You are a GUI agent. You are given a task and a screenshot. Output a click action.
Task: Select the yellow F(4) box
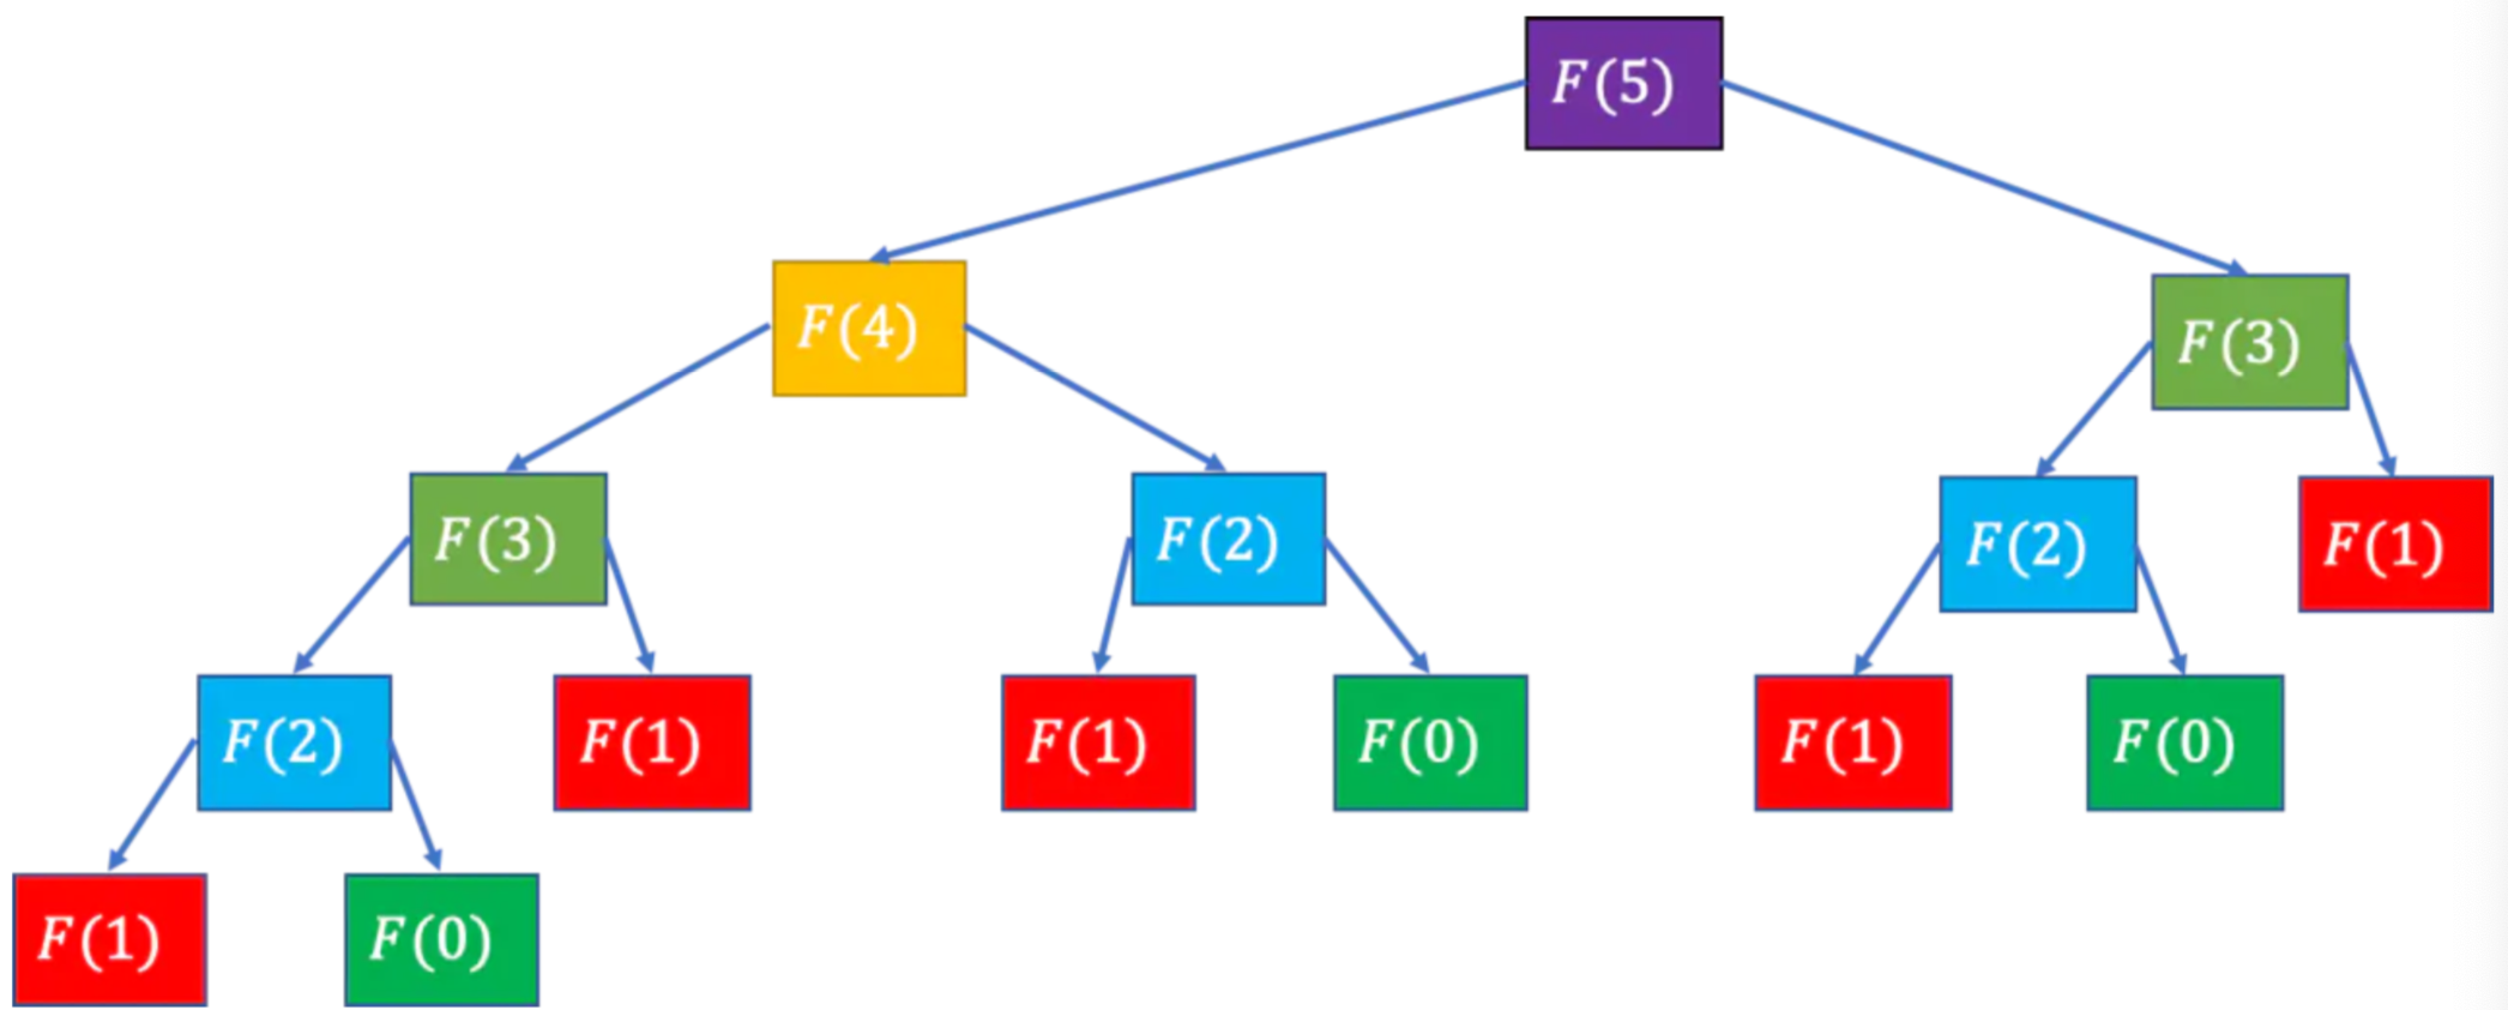(869, 327)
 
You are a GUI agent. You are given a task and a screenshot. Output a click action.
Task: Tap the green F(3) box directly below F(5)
(2249, 342)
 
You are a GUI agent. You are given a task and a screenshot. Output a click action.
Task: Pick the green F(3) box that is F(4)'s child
(508, 539)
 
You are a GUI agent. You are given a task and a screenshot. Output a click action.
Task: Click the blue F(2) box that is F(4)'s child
(1228, 539)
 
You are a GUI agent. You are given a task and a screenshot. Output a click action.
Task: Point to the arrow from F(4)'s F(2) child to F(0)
(1376, 606)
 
